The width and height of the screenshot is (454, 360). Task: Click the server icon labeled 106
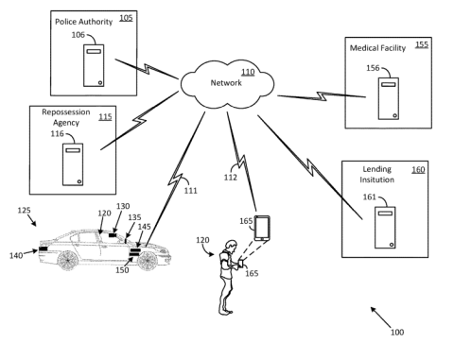(x=94, y=65)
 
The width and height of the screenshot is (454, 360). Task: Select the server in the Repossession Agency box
(x=73, y=164)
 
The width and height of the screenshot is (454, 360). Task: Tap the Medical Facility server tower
(x=389, y=98)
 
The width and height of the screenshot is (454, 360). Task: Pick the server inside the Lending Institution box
(x=385, y=228)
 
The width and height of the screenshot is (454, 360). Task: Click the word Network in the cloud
(x=226, y=83)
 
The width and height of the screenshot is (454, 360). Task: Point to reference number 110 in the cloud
(x=248, y=73)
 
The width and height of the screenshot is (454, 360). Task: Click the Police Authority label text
(x=83, y=22)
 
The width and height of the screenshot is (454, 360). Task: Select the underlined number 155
(x=422, y=44)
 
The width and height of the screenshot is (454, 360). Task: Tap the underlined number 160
(x=418, y=170)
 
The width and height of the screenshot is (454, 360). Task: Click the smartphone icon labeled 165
(x=262, y=228)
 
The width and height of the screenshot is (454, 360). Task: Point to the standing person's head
(x=232, y=246)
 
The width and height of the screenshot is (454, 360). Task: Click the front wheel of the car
(x=148, y=261)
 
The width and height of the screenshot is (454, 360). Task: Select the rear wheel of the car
(x=67, y=260)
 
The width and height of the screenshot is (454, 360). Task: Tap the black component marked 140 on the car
(x=44, y=249)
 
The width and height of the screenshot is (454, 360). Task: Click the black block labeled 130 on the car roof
(x=113, y=235)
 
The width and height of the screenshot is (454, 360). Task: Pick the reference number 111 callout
(x=191, y=191)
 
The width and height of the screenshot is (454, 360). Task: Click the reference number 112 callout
(x=231, y=178)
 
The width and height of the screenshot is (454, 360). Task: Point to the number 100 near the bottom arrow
(x=397, y=333)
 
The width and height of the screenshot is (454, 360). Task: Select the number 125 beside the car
(x=24, y=210)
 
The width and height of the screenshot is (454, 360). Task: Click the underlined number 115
(x=105, y=117)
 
